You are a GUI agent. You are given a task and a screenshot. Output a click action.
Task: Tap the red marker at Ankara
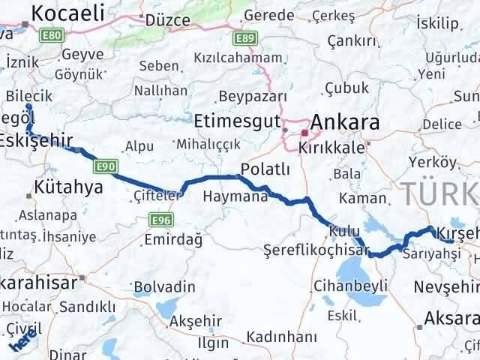(304, 133)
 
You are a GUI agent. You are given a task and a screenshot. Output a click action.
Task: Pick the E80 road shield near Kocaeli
(52, 36)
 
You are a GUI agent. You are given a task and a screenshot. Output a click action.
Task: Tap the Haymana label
(235, 196)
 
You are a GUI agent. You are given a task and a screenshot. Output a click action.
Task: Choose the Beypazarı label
(253, 97)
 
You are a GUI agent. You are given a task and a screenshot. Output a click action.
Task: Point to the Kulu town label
(348, 232)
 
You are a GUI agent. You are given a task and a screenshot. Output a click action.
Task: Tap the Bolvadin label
(163, 286)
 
